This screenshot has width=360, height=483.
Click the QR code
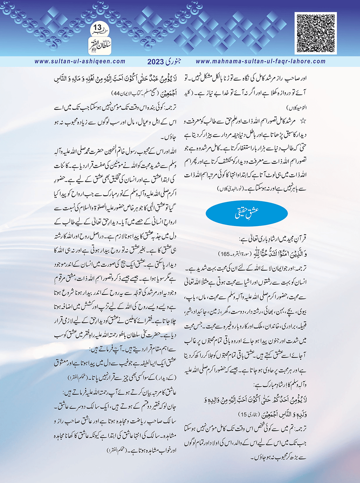[x=315, y=33]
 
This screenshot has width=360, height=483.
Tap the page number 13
[x=98, y=27]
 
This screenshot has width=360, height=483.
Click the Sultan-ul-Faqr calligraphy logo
[x=99, y=45]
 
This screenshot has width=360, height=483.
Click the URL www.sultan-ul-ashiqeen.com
[x=80, y=61]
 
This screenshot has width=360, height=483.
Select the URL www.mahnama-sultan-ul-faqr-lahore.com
[x=260, y=61]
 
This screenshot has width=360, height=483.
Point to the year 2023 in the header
[x=155, y=62]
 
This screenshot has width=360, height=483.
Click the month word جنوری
[x=173, y=61]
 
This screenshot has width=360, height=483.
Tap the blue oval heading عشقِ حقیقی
[x=247, y=213]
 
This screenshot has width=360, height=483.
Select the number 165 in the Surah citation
[x=224, y=253]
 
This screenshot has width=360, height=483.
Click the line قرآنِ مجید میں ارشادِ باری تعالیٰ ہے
[x=273, y=238]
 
